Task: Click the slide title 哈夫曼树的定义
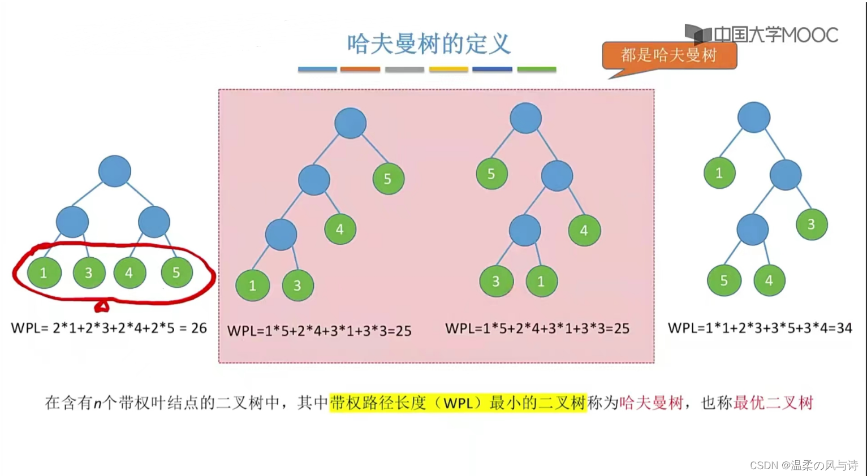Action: [429, 44]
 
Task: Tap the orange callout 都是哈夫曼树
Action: [669, 55]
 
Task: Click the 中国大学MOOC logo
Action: [761, 35]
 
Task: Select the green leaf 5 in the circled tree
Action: [176, 272]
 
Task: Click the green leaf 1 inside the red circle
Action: [44, 273]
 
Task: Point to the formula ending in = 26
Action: [109, 328]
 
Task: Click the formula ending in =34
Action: [760, 328]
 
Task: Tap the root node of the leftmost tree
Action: [115, 171]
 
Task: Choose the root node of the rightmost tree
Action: [753, 118]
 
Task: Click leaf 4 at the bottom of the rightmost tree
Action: [769, 280]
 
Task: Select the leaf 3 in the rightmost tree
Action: [811, 224]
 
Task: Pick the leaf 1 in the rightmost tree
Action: [719, 173]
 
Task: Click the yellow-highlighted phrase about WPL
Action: [458, 403]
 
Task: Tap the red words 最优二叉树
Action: [773, 403]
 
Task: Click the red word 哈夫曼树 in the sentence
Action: [651, 403]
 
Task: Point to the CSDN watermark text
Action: [804, 465]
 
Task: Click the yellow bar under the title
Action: [448, 70]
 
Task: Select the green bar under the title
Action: [537, 70]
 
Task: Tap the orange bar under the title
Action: [360, 70]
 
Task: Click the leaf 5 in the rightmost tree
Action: [723, 280]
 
